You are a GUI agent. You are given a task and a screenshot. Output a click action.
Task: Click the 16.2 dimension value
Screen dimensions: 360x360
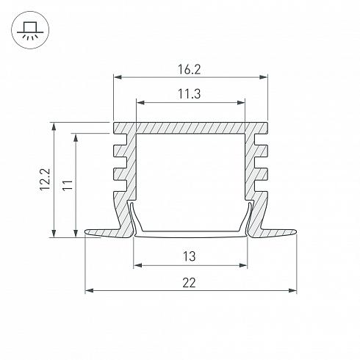[x=189, y=69]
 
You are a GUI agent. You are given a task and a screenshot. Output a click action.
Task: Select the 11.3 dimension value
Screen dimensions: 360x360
[x=189, y=94]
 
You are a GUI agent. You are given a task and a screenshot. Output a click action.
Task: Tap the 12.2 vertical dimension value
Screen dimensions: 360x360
[x=45, y=179]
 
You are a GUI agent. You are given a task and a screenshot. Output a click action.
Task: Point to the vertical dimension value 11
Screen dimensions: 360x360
[x=68, y=184]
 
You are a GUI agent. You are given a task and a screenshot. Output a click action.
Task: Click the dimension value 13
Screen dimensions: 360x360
[x=189, y=256]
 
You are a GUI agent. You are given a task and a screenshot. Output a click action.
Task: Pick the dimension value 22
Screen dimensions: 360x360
[x=189, y=283]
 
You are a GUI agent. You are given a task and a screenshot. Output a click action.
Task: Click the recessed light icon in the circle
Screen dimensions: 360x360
[x=30, y=30]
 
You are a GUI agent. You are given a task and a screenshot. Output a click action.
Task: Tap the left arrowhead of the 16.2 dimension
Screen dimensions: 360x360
[x=118, y=77]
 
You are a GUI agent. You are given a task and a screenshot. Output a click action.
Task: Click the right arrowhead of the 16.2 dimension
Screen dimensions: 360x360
[x=263, y=77]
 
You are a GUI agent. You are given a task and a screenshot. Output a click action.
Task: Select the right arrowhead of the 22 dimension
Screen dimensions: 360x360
[x=292, y=291]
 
